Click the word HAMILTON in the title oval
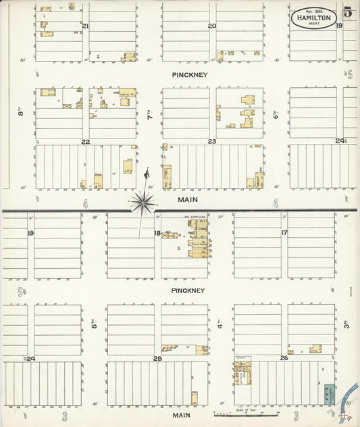313,18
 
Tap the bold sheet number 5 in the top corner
347,11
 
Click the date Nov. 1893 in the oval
313,11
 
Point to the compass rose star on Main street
143,201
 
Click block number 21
85,26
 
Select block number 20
211,26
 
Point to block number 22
85,142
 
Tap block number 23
211,141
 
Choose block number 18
157,233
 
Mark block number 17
284,233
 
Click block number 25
157,359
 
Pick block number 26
284,358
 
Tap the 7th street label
150,116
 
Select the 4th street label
220,323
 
